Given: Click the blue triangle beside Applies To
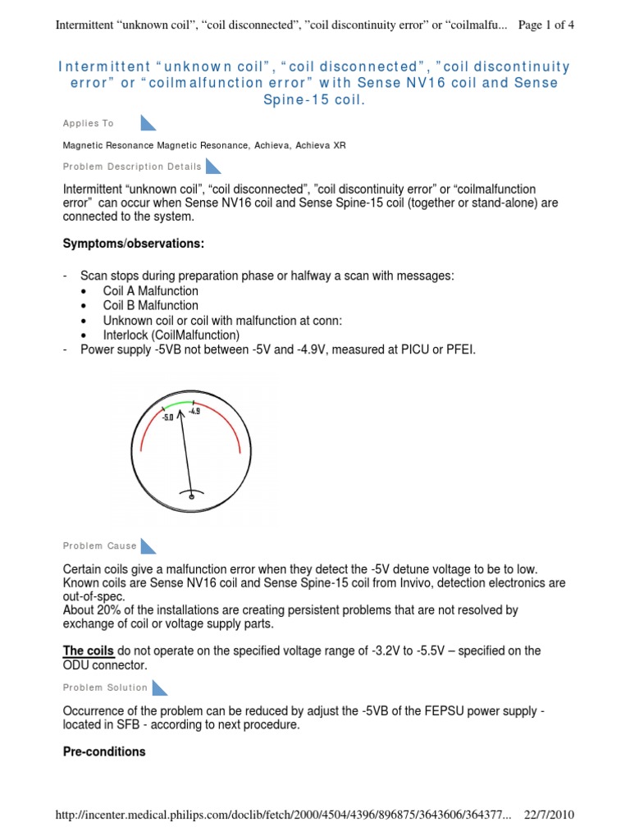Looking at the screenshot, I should pos(148,123).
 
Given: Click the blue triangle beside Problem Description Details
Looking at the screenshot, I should pos(213,167).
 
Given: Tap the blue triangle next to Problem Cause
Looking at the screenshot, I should pos(148,546).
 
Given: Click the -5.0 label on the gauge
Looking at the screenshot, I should pos(167,418).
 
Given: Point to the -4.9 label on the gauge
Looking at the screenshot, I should pos(194,412).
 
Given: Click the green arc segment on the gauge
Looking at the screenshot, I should pos(178,404).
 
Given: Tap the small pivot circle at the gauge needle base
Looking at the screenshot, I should pos(191,495).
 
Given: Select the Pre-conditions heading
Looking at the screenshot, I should pos(104,751).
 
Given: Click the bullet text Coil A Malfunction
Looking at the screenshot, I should pos(151,291).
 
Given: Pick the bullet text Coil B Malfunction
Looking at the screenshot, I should pos(151,306).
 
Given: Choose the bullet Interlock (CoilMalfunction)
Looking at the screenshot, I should pos(171,336).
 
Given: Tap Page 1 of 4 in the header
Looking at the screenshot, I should pos(547,25).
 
